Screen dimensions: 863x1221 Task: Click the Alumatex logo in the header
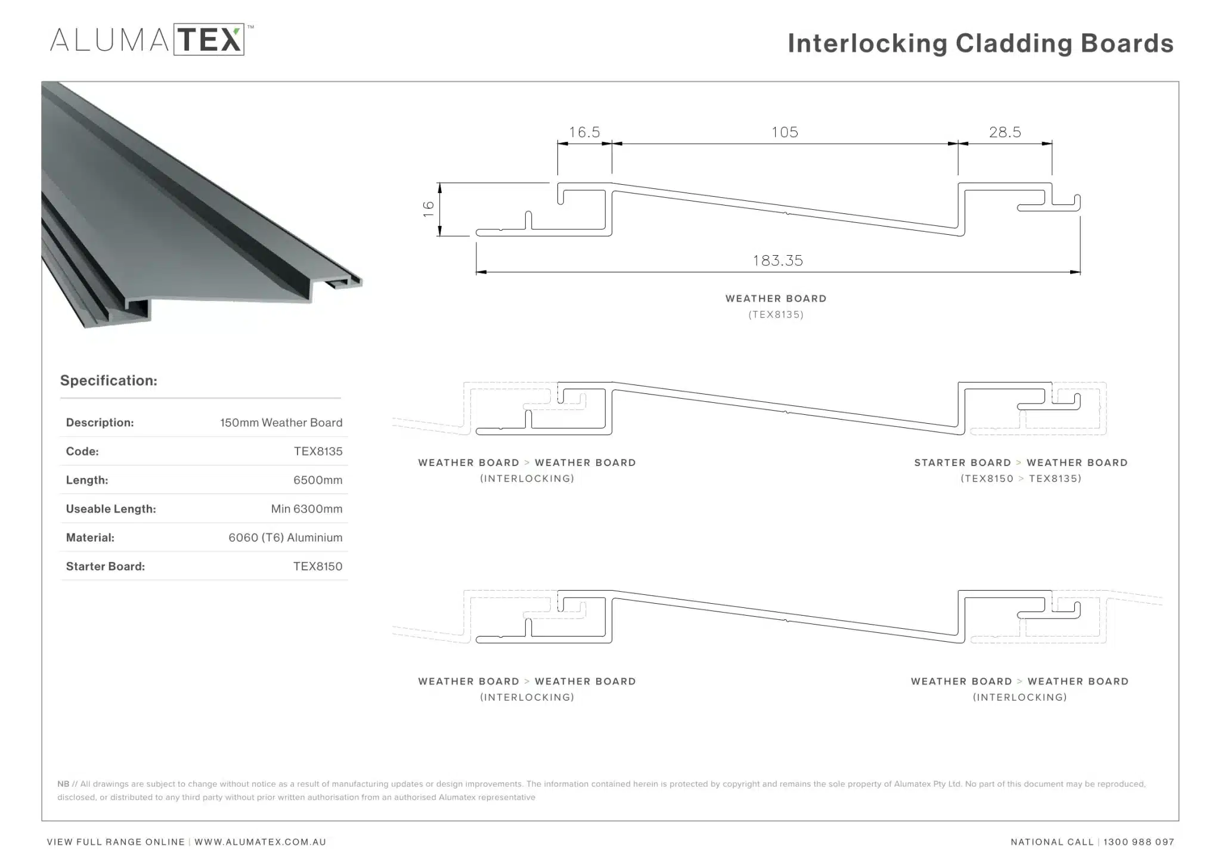click(149, 40)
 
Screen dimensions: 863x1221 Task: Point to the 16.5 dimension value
click(584, 132)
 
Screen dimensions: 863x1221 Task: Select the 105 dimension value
click(785, 132)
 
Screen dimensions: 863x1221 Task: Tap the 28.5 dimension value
click(1005, 132)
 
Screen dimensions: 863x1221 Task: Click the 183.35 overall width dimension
click(778, 260)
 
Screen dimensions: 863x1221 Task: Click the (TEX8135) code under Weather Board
click(776, 315)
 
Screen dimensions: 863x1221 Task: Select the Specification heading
click(109, 380)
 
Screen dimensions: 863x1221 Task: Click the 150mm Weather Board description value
click(281, 423)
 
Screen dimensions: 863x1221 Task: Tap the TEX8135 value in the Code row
click(318, 451)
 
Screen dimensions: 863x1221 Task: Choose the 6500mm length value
click(318, 480)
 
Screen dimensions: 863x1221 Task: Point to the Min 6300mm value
click(306, 509)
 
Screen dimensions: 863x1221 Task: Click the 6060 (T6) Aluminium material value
click(285, 538)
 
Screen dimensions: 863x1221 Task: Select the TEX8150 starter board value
click(318, 566)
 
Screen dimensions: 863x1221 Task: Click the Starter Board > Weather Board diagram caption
click(1021, 462)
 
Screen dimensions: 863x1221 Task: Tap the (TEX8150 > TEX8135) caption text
click(1021, 479)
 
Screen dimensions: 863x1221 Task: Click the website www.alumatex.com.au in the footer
click(260, 842)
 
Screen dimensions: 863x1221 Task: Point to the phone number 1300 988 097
click(1138, 842)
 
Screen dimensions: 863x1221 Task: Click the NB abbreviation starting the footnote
click(63, 784)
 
